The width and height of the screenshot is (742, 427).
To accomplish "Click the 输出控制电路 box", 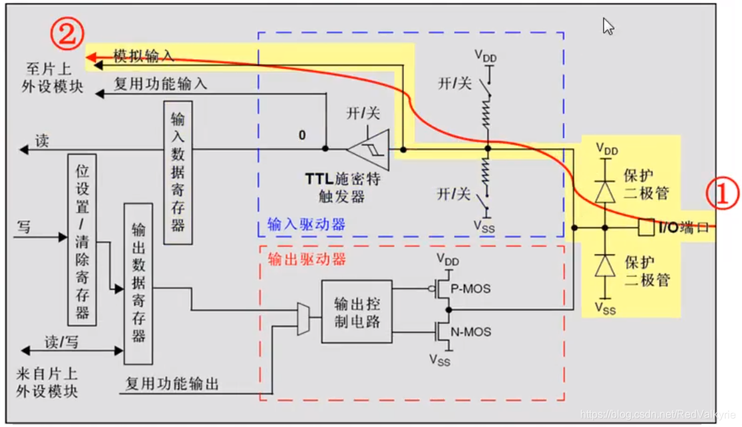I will pos(357,311).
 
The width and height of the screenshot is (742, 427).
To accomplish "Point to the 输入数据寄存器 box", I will pos(178,172).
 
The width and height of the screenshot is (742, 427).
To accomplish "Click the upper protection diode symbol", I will pos(604,191).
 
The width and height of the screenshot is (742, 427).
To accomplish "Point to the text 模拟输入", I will pos(143,57).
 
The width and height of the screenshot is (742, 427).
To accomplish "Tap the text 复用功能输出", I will pos(172,384).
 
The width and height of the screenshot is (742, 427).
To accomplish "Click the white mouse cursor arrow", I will pos(608,27).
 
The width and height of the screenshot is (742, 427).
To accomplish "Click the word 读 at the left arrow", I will pos(42,141).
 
